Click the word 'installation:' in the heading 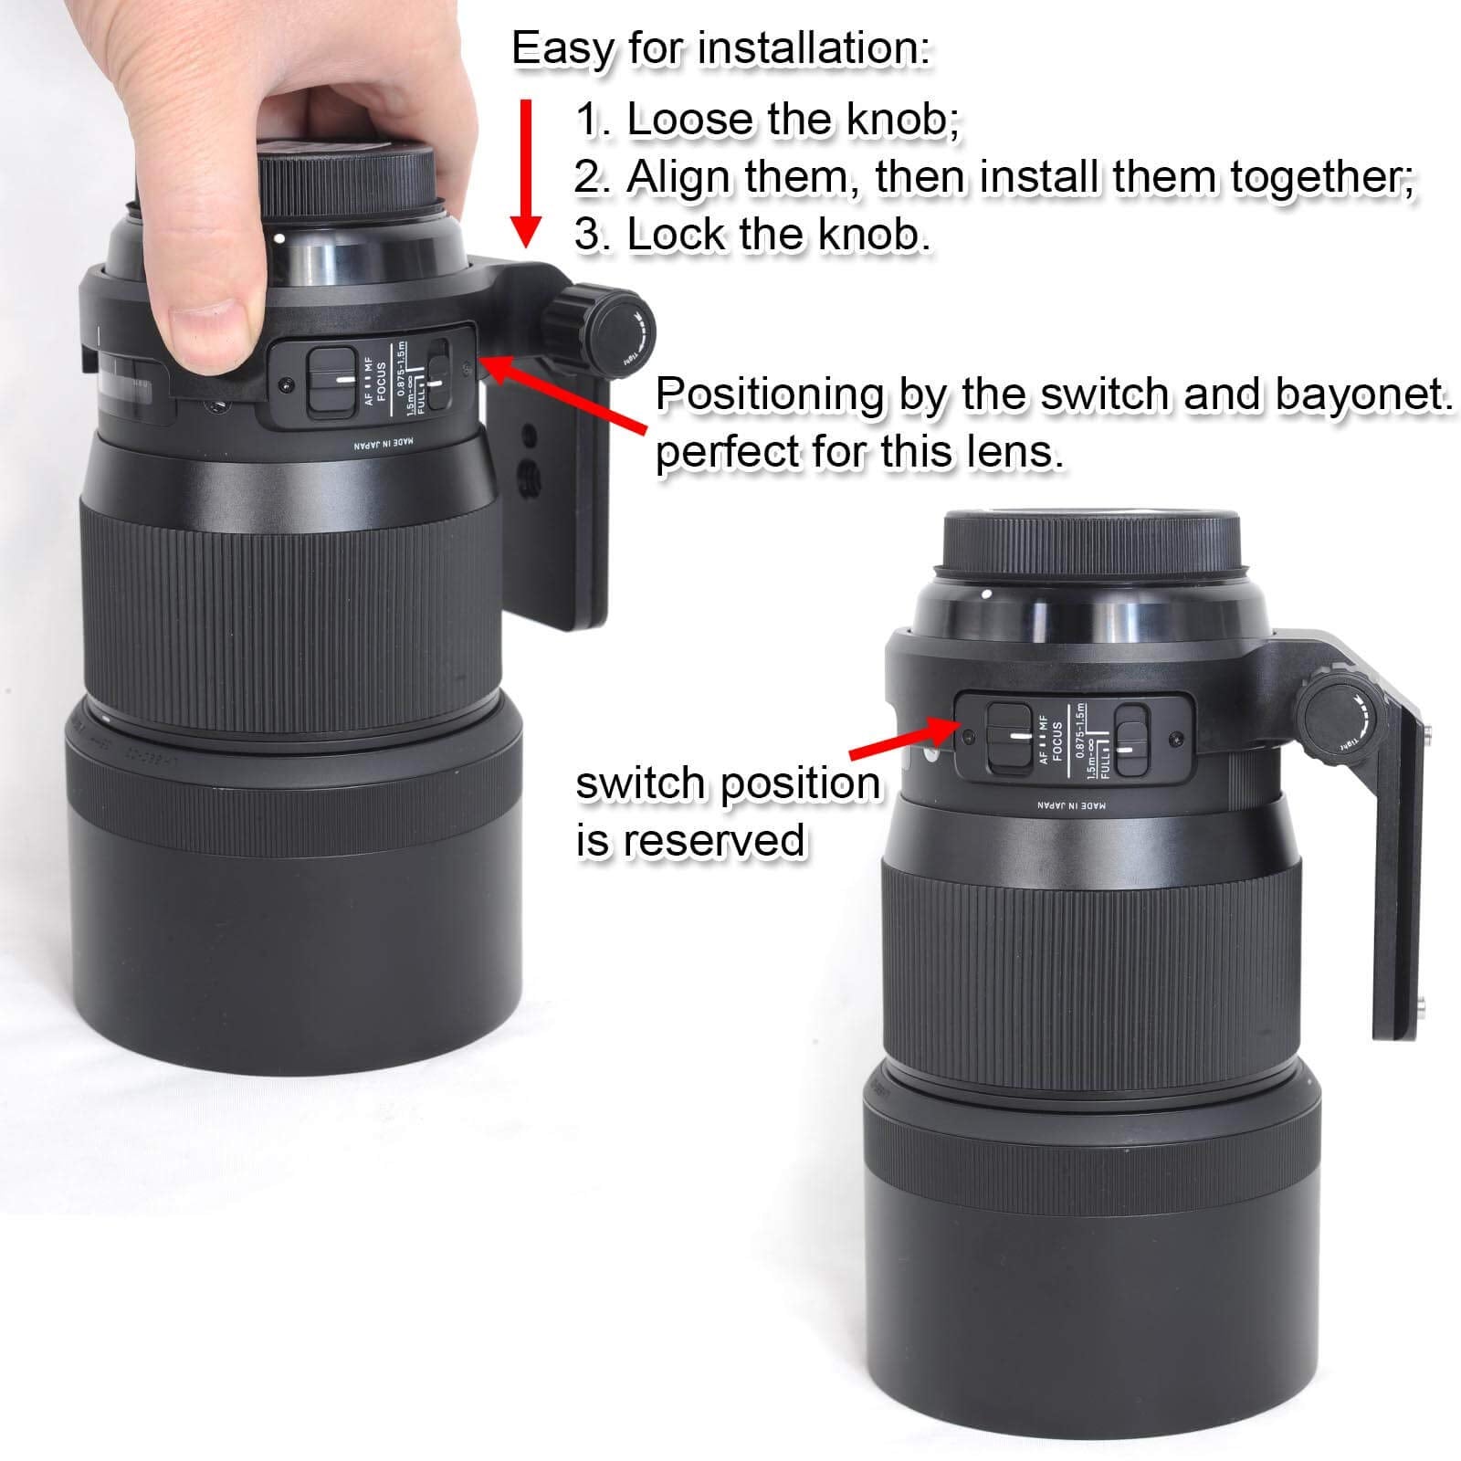(x=815, y=49)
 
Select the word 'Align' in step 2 (x=678, y=177)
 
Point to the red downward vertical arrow (x=526, y=173)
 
